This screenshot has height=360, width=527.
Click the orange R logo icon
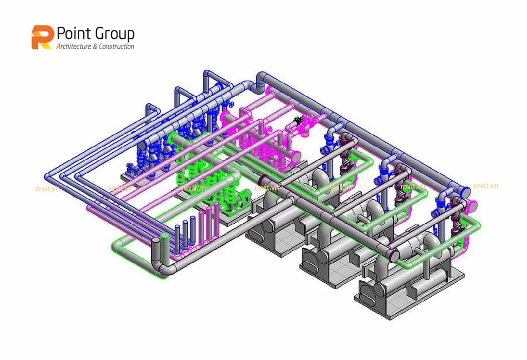(x=43, y=38)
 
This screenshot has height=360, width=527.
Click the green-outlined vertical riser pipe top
(x=164, y=238)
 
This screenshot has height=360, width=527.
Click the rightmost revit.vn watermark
(x=485, y=186)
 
